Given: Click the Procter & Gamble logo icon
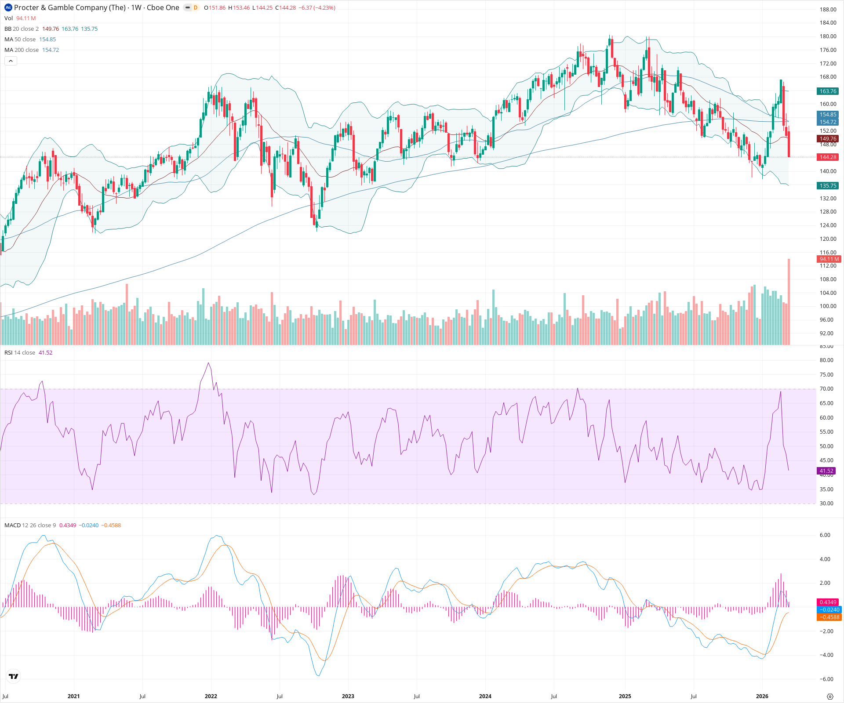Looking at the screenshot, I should [x=8, y=7].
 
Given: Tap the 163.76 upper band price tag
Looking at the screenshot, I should [x=828, y=91].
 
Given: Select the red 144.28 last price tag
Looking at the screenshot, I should [x=828, y=157].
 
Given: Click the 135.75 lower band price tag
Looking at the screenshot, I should [x=828, y=186].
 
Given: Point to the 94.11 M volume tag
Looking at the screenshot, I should [x=829, y=259].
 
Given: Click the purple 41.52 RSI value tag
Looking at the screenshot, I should [x=826, y=471].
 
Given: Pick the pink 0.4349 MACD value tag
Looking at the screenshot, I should [x=828, y=602].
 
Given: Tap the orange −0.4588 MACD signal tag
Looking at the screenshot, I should [x=829, y=617].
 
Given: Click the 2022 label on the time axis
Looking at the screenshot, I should [x=211, y=696].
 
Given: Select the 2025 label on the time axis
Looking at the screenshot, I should [x=625, y=696].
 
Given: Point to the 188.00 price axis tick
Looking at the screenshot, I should [x=828, y=10].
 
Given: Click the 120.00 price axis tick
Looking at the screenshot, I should [x=828, y=239].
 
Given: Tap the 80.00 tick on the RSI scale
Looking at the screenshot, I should [x=826, y=360].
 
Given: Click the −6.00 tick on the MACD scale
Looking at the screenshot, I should [x=826, y=679].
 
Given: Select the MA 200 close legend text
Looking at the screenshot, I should [x=22, y=50].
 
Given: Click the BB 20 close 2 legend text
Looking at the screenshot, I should [x=22, y=29].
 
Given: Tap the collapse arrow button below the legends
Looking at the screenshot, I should [x=11, y=61].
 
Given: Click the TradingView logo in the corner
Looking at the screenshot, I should [x=14, y=677].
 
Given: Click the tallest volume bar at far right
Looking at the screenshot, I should [x=789, y=303].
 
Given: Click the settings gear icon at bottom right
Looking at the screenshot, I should [x=830, y=696].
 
